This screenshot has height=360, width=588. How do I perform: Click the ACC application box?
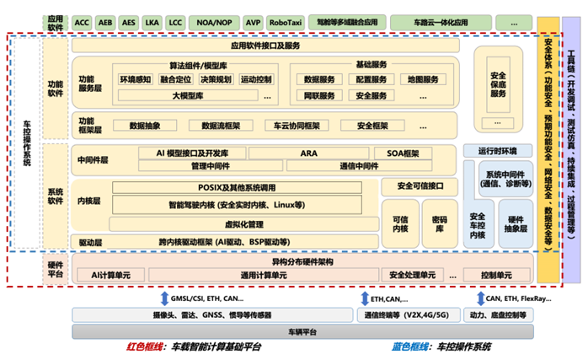tap(83, 22)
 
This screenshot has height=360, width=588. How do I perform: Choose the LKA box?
tap(152, 22)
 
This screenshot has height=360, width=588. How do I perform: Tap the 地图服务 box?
tap(421, 80)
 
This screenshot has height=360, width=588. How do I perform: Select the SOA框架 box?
tap(403, 153)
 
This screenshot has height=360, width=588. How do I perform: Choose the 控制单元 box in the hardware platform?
tap(496, 275)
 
